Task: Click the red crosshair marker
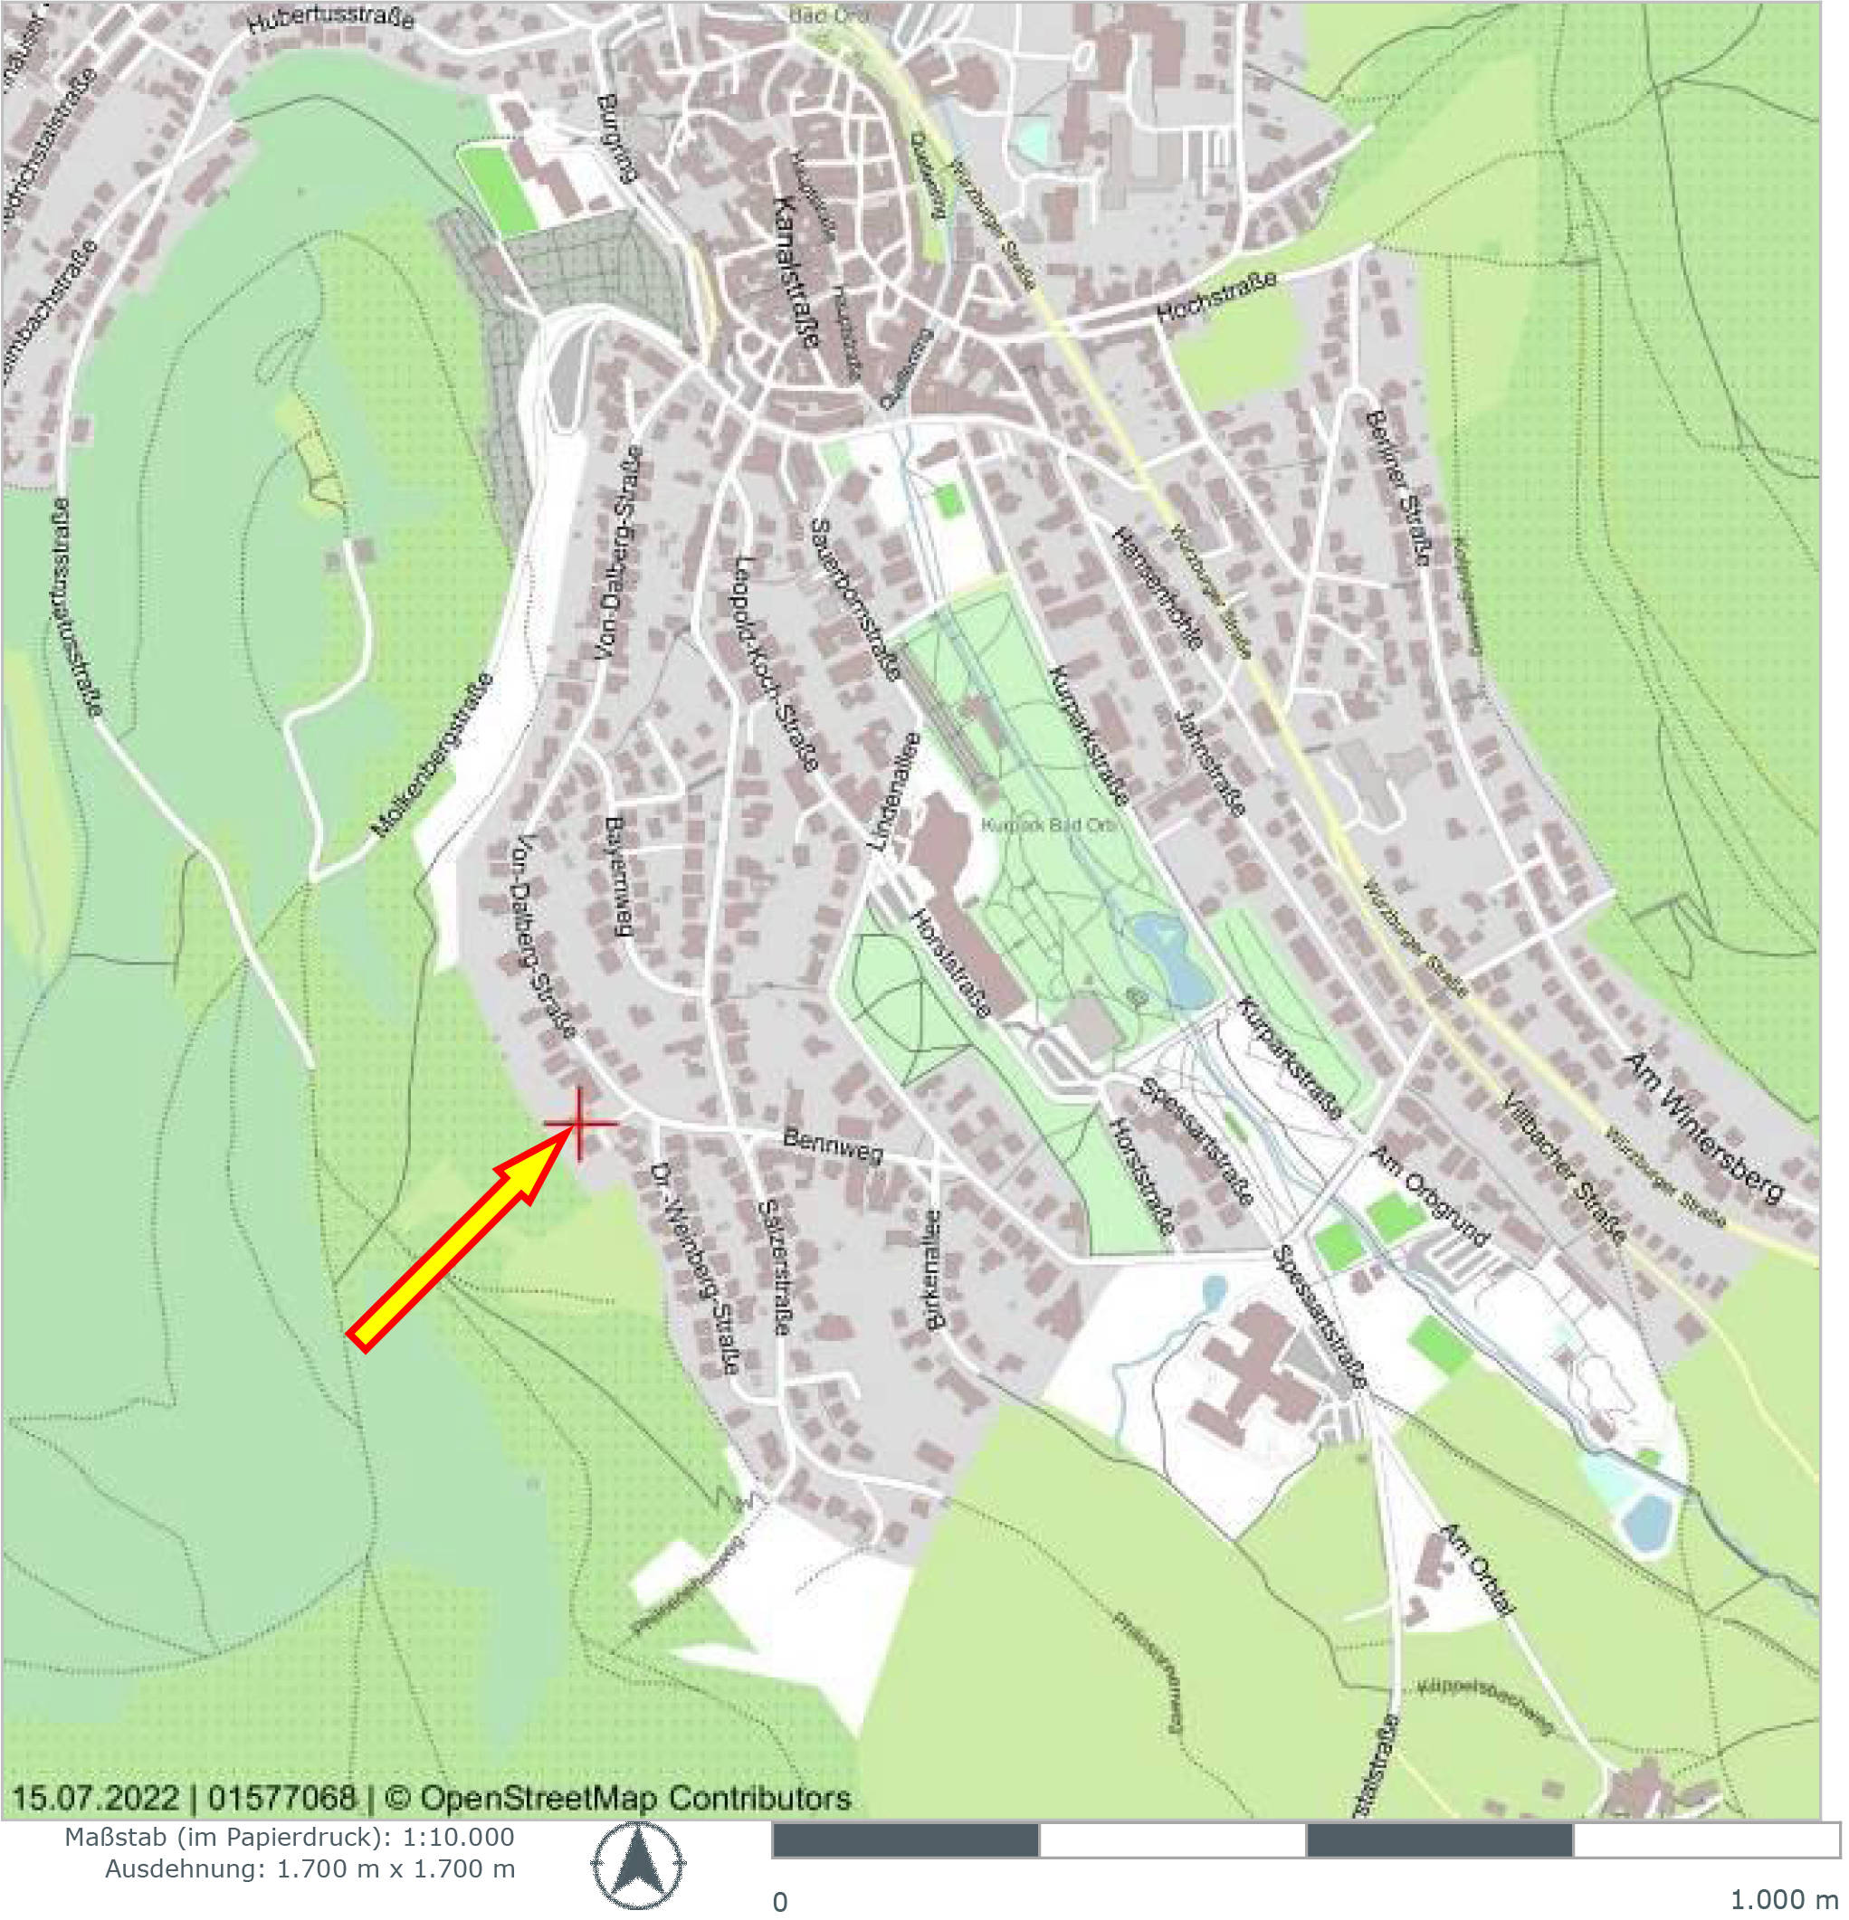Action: (580, 1124)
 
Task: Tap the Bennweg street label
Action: (833, 1146)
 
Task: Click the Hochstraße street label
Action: (1217, 297)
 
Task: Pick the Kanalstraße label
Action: (796, 271)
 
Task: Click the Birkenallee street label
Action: (932, 1269)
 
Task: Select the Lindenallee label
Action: (894, 791)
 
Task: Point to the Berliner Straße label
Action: (1396, 488)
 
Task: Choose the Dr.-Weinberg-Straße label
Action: (696, 1269)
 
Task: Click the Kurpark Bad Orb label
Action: (1048, 825)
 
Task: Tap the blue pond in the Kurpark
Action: (1170, 960)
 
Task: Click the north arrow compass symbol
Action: (637, 1865)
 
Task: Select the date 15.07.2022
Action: (95, 1799)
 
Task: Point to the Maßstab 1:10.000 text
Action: (289, 1837)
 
